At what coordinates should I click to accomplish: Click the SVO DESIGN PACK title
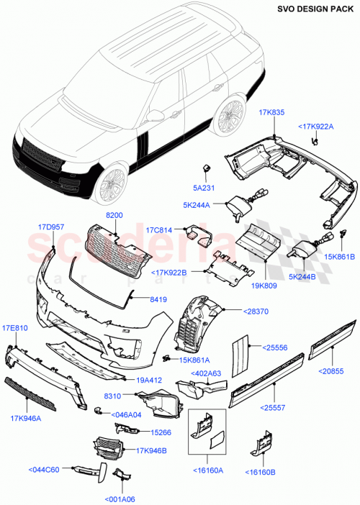coord(314,9)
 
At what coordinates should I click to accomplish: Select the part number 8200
coord(115,214)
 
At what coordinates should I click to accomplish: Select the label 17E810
coord(16,327)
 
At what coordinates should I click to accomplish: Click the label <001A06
coord(120,497)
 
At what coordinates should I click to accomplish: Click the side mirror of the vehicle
coord(156,114)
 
